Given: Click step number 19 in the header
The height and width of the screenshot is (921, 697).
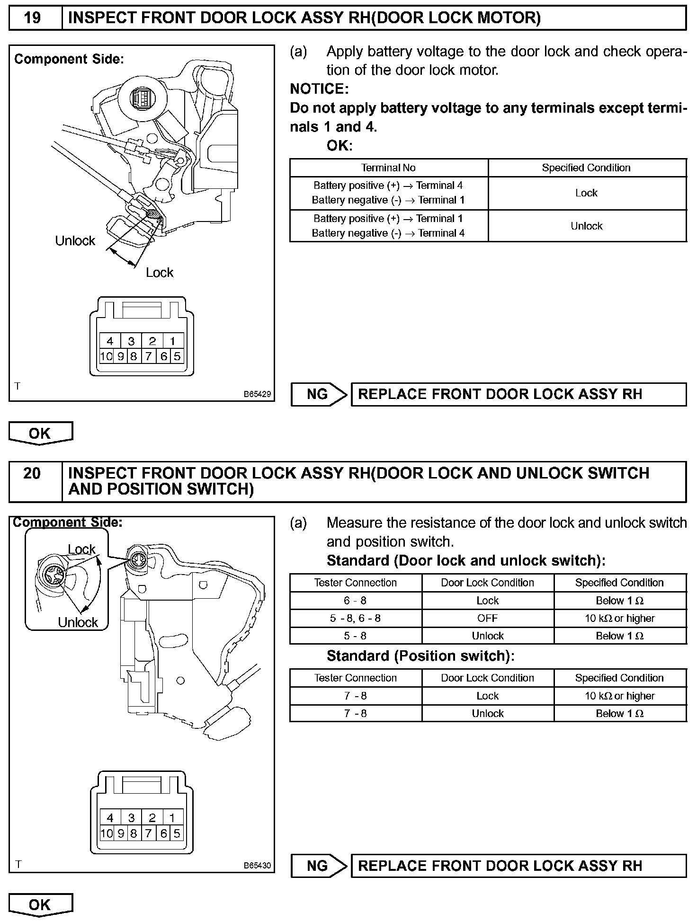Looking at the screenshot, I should click(32, 18).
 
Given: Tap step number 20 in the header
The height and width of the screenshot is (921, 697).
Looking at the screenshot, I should click(32, 474).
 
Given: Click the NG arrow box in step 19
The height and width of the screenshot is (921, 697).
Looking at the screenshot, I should click(319, 394).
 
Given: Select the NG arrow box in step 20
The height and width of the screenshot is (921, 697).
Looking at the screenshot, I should click(319, 866).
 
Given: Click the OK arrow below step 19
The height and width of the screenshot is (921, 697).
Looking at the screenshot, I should click(40, 433).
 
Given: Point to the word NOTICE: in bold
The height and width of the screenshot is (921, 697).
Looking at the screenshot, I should click(319, 89).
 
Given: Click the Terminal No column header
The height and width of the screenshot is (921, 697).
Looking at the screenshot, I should click(388, 168).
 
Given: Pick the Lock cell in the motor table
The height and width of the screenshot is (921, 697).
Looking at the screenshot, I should click(586, 193).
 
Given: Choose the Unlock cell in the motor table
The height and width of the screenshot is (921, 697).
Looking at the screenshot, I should click(586, 226).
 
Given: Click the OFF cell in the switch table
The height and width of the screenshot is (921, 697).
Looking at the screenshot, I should click(487, 619).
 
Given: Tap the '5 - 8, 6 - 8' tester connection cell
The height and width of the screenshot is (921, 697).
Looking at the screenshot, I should click(355, 619).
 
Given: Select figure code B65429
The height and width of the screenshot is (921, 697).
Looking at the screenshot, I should click(257, 394).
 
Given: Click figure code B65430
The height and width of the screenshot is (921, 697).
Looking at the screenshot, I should click(257, 865).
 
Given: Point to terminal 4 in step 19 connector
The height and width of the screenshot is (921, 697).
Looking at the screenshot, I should click(110, 341).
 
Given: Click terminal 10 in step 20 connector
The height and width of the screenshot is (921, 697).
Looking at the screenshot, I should click(107, 833).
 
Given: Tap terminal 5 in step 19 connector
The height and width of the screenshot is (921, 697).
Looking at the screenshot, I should click(177, 356).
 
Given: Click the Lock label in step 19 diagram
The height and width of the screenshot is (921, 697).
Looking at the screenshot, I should click(160, 273).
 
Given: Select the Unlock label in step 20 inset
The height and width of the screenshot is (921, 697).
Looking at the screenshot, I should click(78, 622).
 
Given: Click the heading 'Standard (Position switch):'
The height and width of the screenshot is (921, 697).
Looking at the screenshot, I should click(420, 656).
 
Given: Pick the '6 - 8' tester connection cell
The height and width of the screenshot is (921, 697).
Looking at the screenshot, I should click(355, 601).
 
